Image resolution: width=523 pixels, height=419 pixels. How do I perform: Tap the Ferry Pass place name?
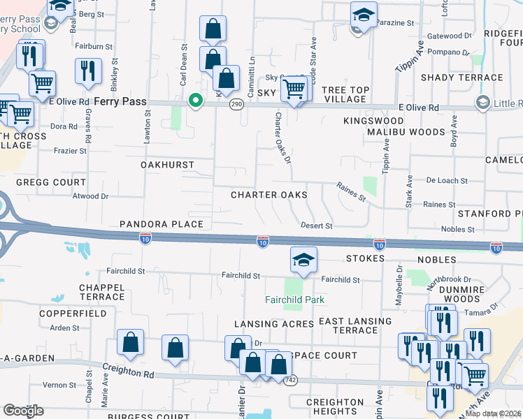[122, 102]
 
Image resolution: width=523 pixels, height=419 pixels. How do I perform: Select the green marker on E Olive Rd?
[196, 102]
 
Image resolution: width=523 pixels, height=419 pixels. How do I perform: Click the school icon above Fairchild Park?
[303, 260]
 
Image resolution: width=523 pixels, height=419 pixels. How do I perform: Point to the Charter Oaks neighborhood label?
[269, 195]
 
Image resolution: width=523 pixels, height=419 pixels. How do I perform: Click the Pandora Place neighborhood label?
[161, 224]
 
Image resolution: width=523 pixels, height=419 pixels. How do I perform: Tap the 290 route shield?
[238, 103]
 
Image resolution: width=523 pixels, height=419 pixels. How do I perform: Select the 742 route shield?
[290, 378]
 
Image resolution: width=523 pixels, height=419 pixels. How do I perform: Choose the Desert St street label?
[316, 226]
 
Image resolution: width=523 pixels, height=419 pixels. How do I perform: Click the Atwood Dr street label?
[91, 197]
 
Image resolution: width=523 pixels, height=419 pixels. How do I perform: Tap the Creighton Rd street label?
[128, 373]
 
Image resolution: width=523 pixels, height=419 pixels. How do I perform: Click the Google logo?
[23, 411]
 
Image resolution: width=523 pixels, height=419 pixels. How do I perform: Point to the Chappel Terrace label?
[102, 292]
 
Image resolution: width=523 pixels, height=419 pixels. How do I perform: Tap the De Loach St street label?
[447, 181]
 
